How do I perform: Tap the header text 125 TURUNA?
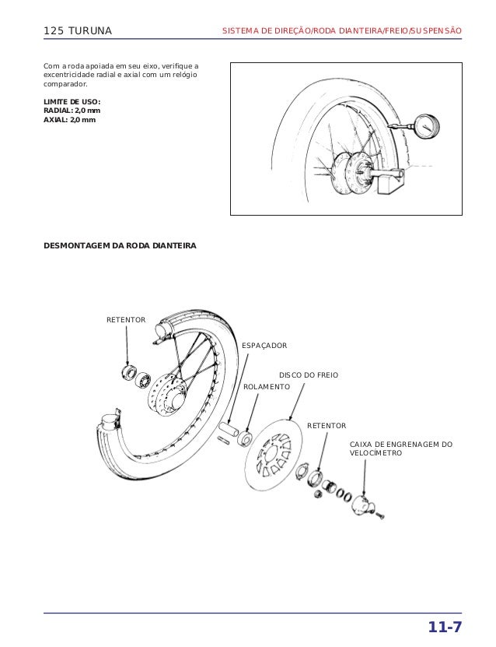pos(78,31)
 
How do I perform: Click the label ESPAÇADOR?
pos(264,345)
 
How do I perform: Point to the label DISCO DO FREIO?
pos(309,375)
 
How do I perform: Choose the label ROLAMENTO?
pos(267,387)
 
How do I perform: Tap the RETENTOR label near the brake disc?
pos(327,426)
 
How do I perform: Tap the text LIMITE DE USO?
pos(72,102)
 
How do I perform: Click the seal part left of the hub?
pos(127,369)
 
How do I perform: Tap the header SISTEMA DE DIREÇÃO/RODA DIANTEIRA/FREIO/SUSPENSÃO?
pos(342,31)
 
